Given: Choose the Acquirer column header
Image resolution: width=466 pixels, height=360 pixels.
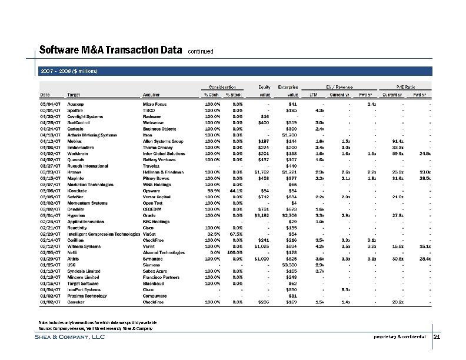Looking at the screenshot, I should [152, 94].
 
